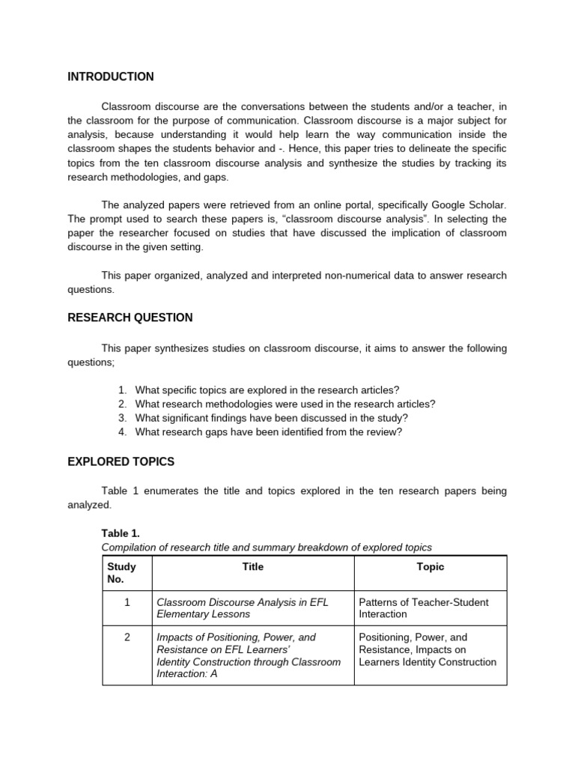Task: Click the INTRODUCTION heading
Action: point(111,76)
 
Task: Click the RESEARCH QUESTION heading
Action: point(130,318)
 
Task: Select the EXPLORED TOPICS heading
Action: point(121,461)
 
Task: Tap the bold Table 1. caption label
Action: point(121,533)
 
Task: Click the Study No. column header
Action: point(121,573)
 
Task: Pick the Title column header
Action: point(252,567)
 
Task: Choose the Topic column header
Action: point(430,567)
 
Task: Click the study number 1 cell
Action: point(127,602)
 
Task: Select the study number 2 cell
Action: point(127,637)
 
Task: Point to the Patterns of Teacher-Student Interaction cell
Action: point(423,608)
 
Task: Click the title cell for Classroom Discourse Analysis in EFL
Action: point(242,608)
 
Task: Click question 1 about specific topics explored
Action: point(267,389)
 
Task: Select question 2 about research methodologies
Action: point(285,404)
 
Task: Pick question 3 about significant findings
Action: point(271,418)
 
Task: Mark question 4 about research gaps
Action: point(268,432)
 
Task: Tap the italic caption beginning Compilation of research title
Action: point(267,548)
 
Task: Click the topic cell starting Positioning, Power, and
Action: point(428,649)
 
